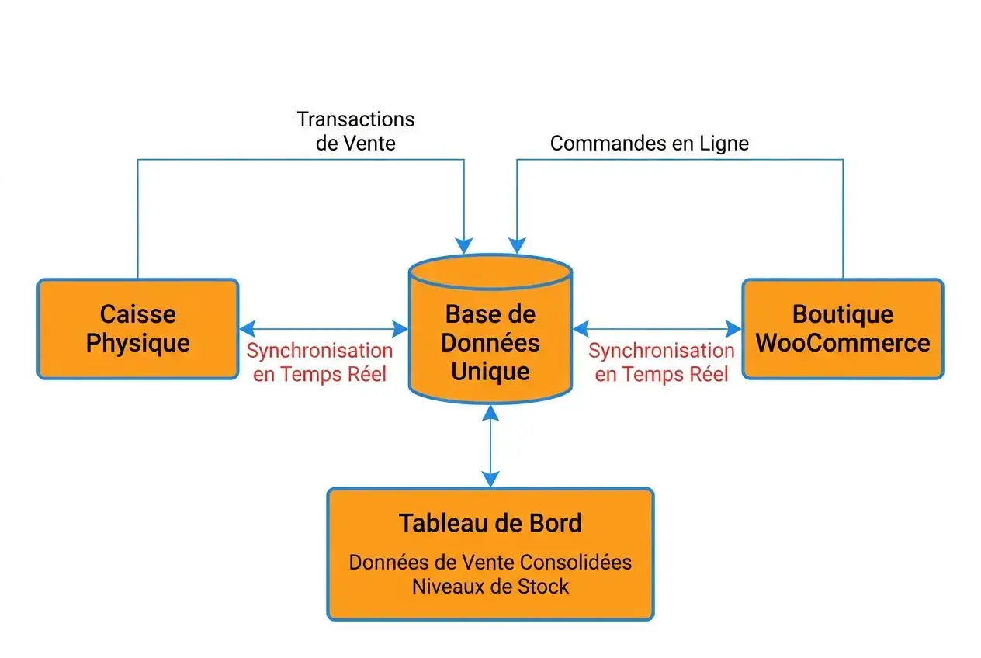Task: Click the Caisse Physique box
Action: pyautogui.click(x=137, y=329)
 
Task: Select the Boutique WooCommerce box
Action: pyautogui.click(x=843, y=329)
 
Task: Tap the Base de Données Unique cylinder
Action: pyautogui.click(x=490, y=341)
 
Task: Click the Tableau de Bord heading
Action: pyautogui.click(x=490, y=523)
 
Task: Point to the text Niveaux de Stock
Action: pyautogui.click(x=490, y=586)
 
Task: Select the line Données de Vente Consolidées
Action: pyautogui.click(x=490, y=563)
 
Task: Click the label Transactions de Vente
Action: pyautogui.click(x=356, y=131)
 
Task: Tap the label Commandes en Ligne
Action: pyautogui.click(x=649, y=144)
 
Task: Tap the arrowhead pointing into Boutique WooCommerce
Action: pyautogui.click(x=733, y=329)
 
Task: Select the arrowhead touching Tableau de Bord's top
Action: pyautogui.click(x=490, y=480)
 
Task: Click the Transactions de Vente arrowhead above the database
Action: pyautogui.click(x=464, y=246)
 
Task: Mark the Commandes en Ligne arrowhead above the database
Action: pyautogui.click(x=516, y=246)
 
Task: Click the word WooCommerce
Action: pyautogui.click(x=843, y=343)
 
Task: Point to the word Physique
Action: pyautogui.click(x=137, y=343)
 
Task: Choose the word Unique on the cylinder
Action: pyautogui.click(x=490, y=371)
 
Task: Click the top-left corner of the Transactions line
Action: pyautogui.click(x=138, y=160)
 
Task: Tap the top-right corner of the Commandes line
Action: pyautogui.click(x=843, y=160)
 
